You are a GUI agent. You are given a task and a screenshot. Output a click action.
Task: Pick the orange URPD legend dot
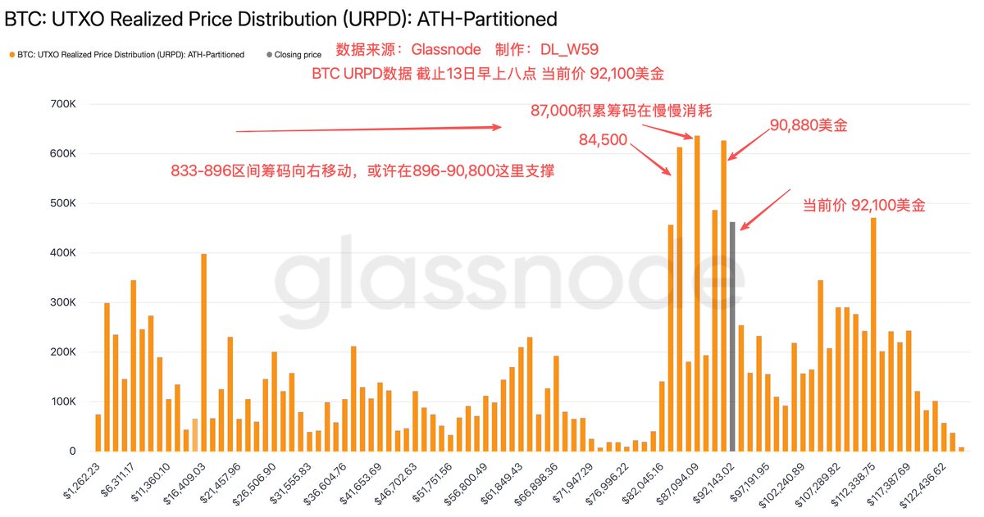coord(11,55)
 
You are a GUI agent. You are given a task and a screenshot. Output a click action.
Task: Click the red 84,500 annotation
coord(603,141)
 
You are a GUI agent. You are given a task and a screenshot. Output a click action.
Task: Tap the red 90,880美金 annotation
coord(809,126)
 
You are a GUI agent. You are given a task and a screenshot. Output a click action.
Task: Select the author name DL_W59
coord(570,50)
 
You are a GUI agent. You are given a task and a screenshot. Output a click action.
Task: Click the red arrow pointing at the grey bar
coord(762,210)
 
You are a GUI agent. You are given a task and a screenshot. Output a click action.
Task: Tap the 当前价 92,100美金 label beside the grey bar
coord(863,206)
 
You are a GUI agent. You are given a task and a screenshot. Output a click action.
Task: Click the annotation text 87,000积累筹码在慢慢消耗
coord(627,111)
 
